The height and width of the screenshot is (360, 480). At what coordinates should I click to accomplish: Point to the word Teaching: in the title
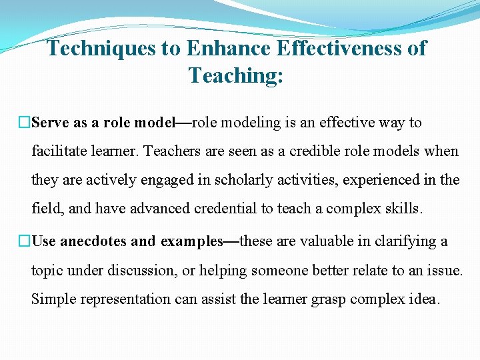236,75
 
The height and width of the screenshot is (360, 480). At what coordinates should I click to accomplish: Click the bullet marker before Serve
25,123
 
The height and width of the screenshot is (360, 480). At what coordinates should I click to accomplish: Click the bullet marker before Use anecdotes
25,241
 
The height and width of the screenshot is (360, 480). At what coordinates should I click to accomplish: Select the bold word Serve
50,123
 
